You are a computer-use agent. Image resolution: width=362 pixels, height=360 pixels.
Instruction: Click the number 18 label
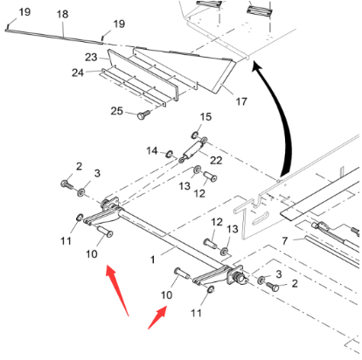62,15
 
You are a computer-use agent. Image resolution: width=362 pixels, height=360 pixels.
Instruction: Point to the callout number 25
115,110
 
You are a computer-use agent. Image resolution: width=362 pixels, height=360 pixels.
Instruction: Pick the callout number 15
206,116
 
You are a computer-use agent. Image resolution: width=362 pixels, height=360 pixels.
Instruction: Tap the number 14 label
150,150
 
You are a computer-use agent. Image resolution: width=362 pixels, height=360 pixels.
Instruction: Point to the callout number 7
284,239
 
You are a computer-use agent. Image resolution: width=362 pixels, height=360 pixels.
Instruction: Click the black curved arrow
279,122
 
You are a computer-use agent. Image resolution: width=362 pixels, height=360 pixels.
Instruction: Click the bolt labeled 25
143,114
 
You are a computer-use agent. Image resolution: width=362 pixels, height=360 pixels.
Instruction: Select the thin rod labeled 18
52,32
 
